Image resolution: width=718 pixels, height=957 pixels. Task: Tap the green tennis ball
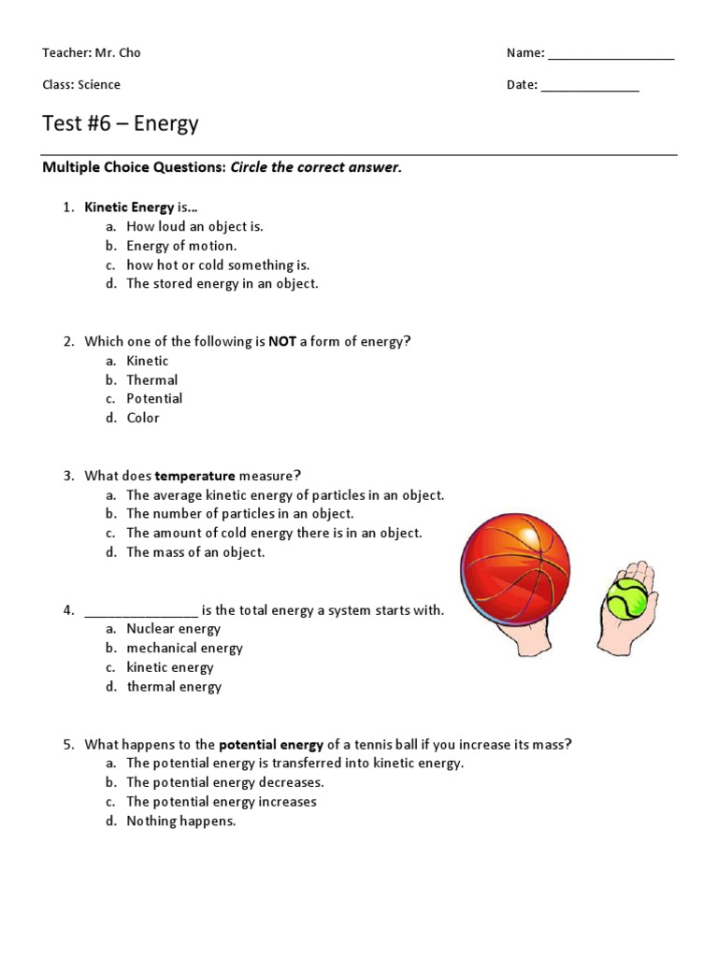click(x=626, y=598)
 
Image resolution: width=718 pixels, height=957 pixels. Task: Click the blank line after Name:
click(x=610, y=54)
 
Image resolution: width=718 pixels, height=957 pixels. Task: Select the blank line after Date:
click(x=590, y=86)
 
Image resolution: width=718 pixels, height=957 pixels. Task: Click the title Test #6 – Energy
click(x=121, y=123)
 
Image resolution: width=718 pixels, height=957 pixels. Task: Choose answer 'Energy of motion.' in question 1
click(x=182, y=246)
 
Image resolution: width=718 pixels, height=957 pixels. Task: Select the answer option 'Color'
click(x=143, y=418)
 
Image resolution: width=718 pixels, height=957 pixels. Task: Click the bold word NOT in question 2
click(x=282, y=342)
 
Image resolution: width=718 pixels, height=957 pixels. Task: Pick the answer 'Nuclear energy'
click(x=174, y=629)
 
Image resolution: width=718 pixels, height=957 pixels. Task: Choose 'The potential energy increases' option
click(x=222, y=802)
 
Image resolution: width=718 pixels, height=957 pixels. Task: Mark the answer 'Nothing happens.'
click(x=181, y=821)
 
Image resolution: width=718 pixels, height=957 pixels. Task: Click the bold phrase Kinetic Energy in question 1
click(x=129, y=207)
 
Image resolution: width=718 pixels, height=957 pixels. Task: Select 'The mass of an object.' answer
click(x=196, y=552)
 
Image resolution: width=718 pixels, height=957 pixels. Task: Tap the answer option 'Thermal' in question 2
click(x=152, y=380)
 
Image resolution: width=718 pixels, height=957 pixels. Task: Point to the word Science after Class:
click(x=100, y=85)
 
